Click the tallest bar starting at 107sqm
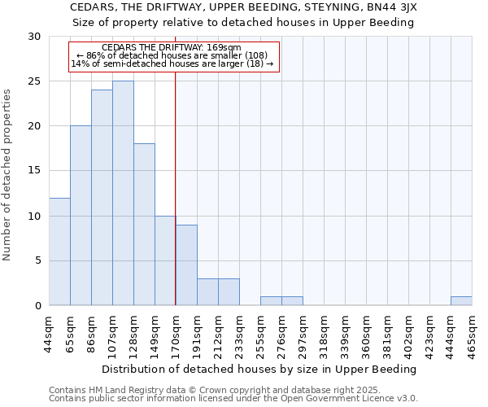pos(123,193)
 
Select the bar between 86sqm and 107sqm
pos(102,198)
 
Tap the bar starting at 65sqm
pos(81,216)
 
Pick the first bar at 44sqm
pos(59,252)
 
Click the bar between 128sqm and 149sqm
pos(144,225)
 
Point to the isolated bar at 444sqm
pos(461,301)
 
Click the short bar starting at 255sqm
pos(271,301)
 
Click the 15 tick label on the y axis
pos(35,171)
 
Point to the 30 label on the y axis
pos(35,37)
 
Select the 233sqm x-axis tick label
pos(239,333)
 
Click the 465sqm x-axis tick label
pos(472,333)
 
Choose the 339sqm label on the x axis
pos(345,333)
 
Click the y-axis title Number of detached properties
pos(8,171)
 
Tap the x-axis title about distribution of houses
pos(260,369)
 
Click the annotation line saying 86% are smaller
pos(174,55)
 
